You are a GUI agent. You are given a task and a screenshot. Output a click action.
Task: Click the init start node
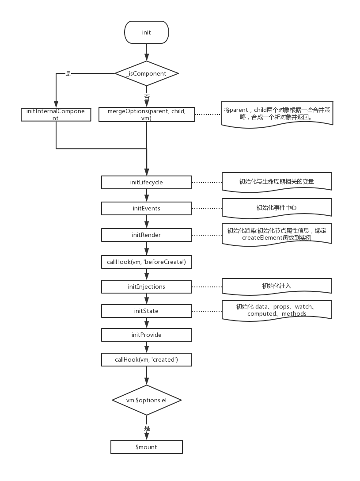point(147,33)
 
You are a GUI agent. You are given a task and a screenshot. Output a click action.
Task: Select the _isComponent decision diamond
point(147,73)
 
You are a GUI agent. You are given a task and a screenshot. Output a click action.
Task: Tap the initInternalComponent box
point(56,115)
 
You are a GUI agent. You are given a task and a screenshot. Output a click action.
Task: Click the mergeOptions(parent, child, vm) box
point(147,115)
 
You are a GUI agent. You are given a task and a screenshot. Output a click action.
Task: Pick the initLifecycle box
point(147,182)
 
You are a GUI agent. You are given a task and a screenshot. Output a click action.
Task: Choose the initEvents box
point(147,208)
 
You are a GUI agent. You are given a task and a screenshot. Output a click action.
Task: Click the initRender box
point(147,235)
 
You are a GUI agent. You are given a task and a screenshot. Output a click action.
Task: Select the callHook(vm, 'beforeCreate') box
point(147,262)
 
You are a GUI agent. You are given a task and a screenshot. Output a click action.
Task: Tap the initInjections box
point(147,286)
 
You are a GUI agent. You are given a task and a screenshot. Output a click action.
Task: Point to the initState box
point(147,311)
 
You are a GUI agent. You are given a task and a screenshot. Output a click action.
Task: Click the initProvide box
point(147,335)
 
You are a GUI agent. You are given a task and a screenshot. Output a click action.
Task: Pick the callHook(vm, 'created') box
point(147,359)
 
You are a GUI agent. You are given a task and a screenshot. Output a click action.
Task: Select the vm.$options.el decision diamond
point(147,400)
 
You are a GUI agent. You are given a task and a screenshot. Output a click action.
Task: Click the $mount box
point(147,447)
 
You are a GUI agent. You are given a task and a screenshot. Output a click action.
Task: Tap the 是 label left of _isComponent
point(68,73)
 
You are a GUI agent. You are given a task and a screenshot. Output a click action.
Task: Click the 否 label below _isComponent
point(147,97)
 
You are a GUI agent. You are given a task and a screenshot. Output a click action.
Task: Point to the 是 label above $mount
point(147,428)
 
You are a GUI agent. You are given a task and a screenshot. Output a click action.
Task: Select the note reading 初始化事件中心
point(277,207)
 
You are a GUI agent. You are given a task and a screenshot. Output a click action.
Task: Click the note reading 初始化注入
point(277,286)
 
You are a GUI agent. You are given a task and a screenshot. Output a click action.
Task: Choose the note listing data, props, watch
point(277,310)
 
